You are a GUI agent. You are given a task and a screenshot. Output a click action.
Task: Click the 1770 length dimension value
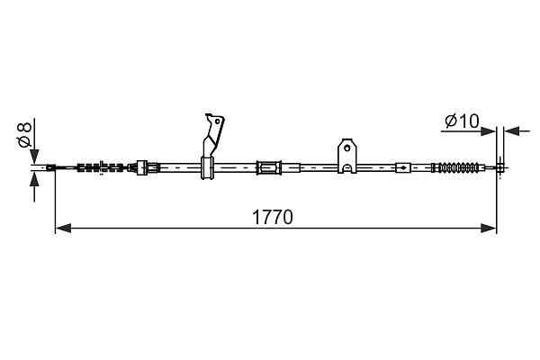click(x=273, y=217)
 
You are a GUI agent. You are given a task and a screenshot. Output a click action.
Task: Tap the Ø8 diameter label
click(x=25, y=134)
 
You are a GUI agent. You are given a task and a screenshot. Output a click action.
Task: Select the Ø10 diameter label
click(x=462, y=121)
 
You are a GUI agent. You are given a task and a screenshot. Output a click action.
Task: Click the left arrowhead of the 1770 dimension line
click(x=63, y=228)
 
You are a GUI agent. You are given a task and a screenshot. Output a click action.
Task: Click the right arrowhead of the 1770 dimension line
click(x=489, y=228)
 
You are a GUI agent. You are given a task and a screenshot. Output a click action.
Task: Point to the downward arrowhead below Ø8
click(x=34, y=157)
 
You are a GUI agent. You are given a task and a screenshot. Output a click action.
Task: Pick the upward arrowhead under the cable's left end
click(x=34, y=179)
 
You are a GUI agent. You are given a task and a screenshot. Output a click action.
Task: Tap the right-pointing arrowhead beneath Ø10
click(x=488, y=131)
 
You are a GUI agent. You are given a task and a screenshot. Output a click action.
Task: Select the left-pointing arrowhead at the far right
click(x=511, y=131)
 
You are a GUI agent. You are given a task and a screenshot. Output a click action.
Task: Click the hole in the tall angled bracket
click(x=217, y=121)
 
